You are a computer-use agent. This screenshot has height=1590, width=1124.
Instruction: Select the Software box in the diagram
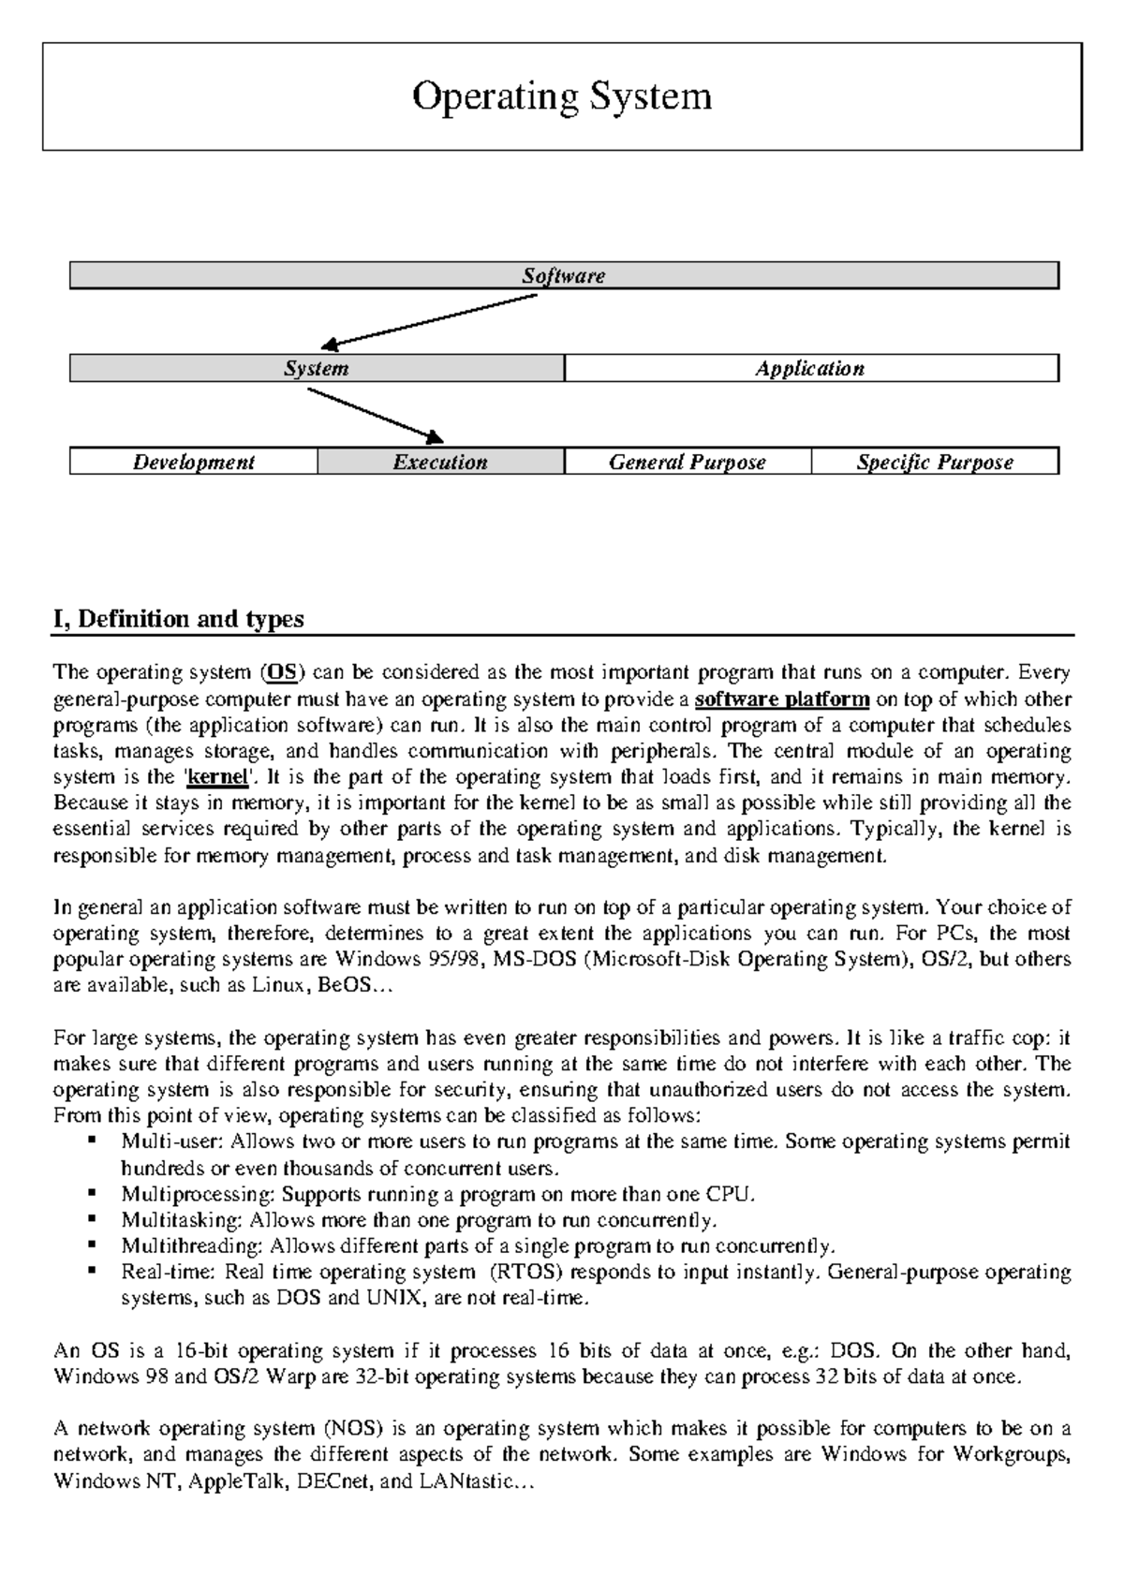563,276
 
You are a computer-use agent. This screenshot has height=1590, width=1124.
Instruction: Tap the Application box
810,369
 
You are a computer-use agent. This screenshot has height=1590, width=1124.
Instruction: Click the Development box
193,463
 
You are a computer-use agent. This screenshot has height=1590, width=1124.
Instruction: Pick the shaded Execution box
440,463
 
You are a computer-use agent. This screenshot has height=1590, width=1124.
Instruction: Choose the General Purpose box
687,463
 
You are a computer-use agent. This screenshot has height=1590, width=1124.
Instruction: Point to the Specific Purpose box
934,463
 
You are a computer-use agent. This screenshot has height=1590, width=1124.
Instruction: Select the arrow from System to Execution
375,415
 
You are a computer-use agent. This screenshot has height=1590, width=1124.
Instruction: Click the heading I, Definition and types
179,620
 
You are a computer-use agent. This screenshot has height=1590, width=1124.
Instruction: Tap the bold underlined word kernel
218,777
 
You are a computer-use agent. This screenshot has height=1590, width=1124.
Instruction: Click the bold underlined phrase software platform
783,699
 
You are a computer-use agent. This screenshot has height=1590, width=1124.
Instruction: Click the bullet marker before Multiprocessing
93,1194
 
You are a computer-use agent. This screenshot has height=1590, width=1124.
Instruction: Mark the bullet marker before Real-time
93,1272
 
